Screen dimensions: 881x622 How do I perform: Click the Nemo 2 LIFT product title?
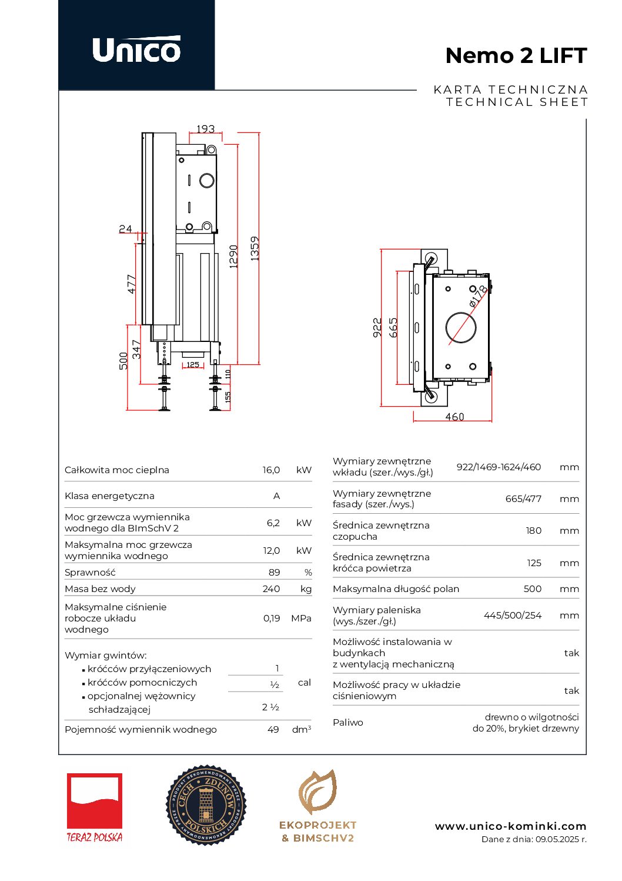[x=516, y=56]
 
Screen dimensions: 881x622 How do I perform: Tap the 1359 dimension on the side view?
[x=255, y=248]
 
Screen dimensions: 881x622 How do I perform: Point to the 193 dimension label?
[x=205, y=129]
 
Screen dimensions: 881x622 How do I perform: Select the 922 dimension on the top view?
[x=377, y=327]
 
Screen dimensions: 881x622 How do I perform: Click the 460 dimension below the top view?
[x=454, y=417]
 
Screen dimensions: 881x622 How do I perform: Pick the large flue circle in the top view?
[x=460, y=328]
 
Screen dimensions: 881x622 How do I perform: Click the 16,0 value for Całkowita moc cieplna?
[x=271, y=470]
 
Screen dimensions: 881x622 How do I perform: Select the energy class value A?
[x=276, y=496]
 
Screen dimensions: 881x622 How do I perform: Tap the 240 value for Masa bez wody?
[x=271, y=589]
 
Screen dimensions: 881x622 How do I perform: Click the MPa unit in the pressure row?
[x=301, y=619]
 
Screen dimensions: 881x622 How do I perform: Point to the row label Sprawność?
[x=90, y=573]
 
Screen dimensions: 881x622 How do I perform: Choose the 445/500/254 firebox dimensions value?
[x=512, y=616]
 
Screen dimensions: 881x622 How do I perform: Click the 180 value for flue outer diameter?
[x=533, y=531]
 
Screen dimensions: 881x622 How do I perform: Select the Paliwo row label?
[x=348, y=723]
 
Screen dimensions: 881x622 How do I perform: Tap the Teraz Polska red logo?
[x=95, y=802]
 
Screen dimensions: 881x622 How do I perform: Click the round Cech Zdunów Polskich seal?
[x=206, y=805]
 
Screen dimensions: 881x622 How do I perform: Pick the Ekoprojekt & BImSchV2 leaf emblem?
[x=317, y=792]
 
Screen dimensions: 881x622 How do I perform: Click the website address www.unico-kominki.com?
[x=510, y=826]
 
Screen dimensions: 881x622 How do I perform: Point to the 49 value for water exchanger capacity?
[x=273, y=730]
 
